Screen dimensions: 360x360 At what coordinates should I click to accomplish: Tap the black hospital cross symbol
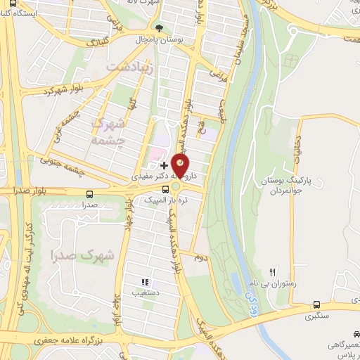165,165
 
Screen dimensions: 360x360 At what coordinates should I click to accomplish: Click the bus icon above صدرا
89,195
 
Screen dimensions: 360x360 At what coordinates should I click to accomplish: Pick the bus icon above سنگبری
317,305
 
